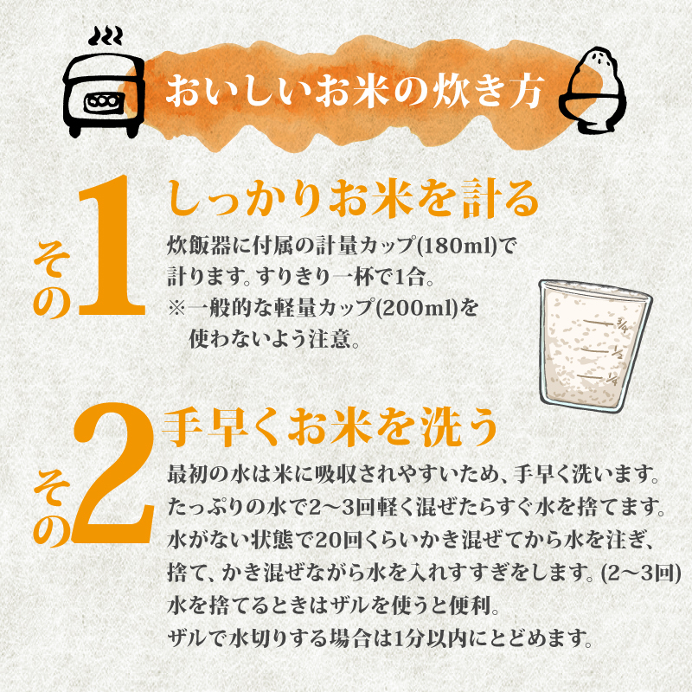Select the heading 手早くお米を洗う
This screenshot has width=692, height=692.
pyautogui.click(x=332, y=426)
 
